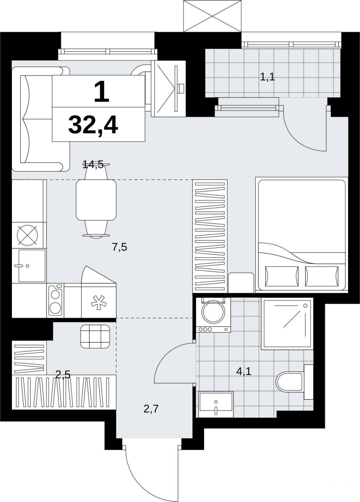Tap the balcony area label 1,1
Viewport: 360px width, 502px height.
point(267,77)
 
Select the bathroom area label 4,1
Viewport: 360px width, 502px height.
point(244,371)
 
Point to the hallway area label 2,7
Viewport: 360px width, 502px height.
point(151,409)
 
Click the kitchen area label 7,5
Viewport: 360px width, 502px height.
point(119,248)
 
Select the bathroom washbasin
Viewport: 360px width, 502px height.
point(216,405)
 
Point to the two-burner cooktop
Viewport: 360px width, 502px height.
point(55,300)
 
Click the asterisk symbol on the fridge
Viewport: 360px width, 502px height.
point(98,302)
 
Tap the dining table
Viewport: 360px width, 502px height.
point(96,200)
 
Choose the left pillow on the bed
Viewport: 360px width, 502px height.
point(282,276)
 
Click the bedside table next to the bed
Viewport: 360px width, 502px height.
point(241,283)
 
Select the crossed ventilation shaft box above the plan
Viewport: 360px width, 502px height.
point(212,16)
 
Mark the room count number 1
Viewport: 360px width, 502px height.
point(102,92)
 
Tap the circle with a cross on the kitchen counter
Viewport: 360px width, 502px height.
point(27,235)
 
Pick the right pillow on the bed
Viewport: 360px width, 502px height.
point(322,276)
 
